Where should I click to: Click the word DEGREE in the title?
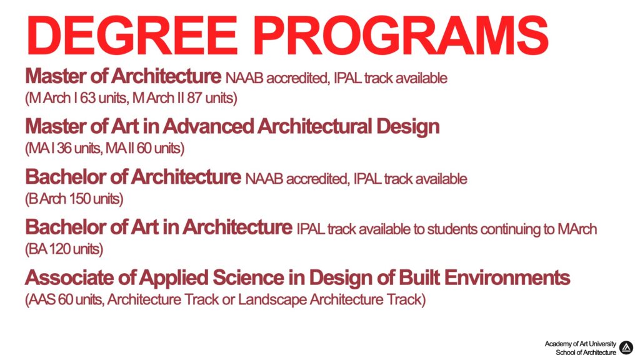point(132,36)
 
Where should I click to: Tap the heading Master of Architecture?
point(123,76)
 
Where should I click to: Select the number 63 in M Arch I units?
point(87,98)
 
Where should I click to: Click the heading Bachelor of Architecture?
point(133,177)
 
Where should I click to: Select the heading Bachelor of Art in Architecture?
point(159,227)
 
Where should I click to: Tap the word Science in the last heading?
point(248,278)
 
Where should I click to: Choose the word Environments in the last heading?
point(507,278)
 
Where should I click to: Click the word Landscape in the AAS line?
point(272,300)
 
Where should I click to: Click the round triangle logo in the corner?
point(626,347)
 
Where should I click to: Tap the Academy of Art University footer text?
point(580,344)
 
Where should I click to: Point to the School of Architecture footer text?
point(586,352)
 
